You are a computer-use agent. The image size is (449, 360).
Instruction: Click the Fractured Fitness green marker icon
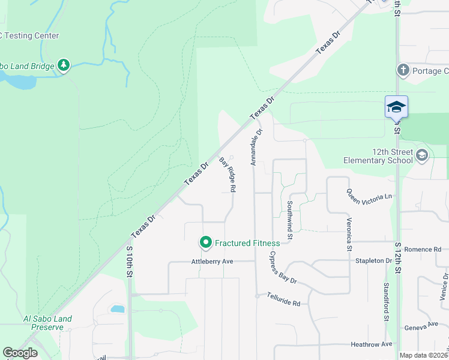click(206, 242)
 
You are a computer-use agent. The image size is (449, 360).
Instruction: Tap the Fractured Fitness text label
click(247, 243)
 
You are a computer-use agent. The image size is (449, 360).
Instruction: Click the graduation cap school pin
click(396, 107)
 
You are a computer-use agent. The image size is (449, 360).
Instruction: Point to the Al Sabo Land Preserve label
click(47, 323)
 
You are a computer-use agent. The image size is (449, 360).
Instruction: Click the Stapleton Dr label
click(373, 261)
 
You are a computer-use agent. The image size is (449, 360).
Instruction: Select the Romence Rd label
click(423, 249)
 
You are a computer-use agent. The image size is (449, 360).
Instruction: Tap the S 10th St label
click(129, 260)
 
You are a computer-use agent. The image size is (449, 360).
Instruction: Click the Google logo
click(20, 353)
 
